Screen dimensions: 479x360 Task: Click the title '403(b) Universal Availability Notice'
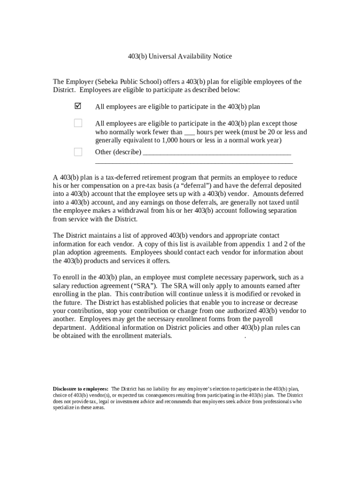click(x=180, y=57)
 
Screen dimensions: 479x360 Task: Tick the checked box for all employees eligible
click(x=78, y=106)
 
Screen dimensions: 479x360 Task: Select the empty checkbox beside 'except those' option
click(x=78, y=123)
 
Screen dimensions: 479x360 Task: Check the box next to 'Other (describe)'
click(x=78, y=152)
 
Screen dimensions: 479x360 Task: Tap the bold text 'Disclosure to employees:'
click(x=80, y=389)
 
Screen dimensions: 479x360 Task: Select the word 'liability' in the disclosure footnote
click(x=159, y=389)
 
